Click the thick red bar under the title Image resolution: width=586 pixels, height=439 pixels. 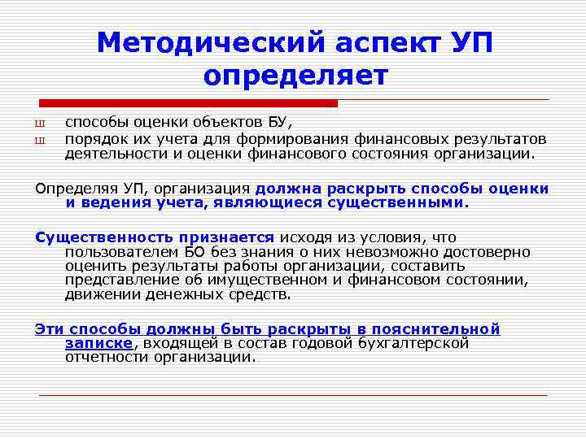(x=189, y=103)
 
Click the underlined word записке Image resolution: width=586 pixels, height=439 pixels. (x=98, y=343)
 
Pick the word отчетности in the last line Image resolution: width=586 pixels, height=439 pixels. (x=107, y=357)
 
